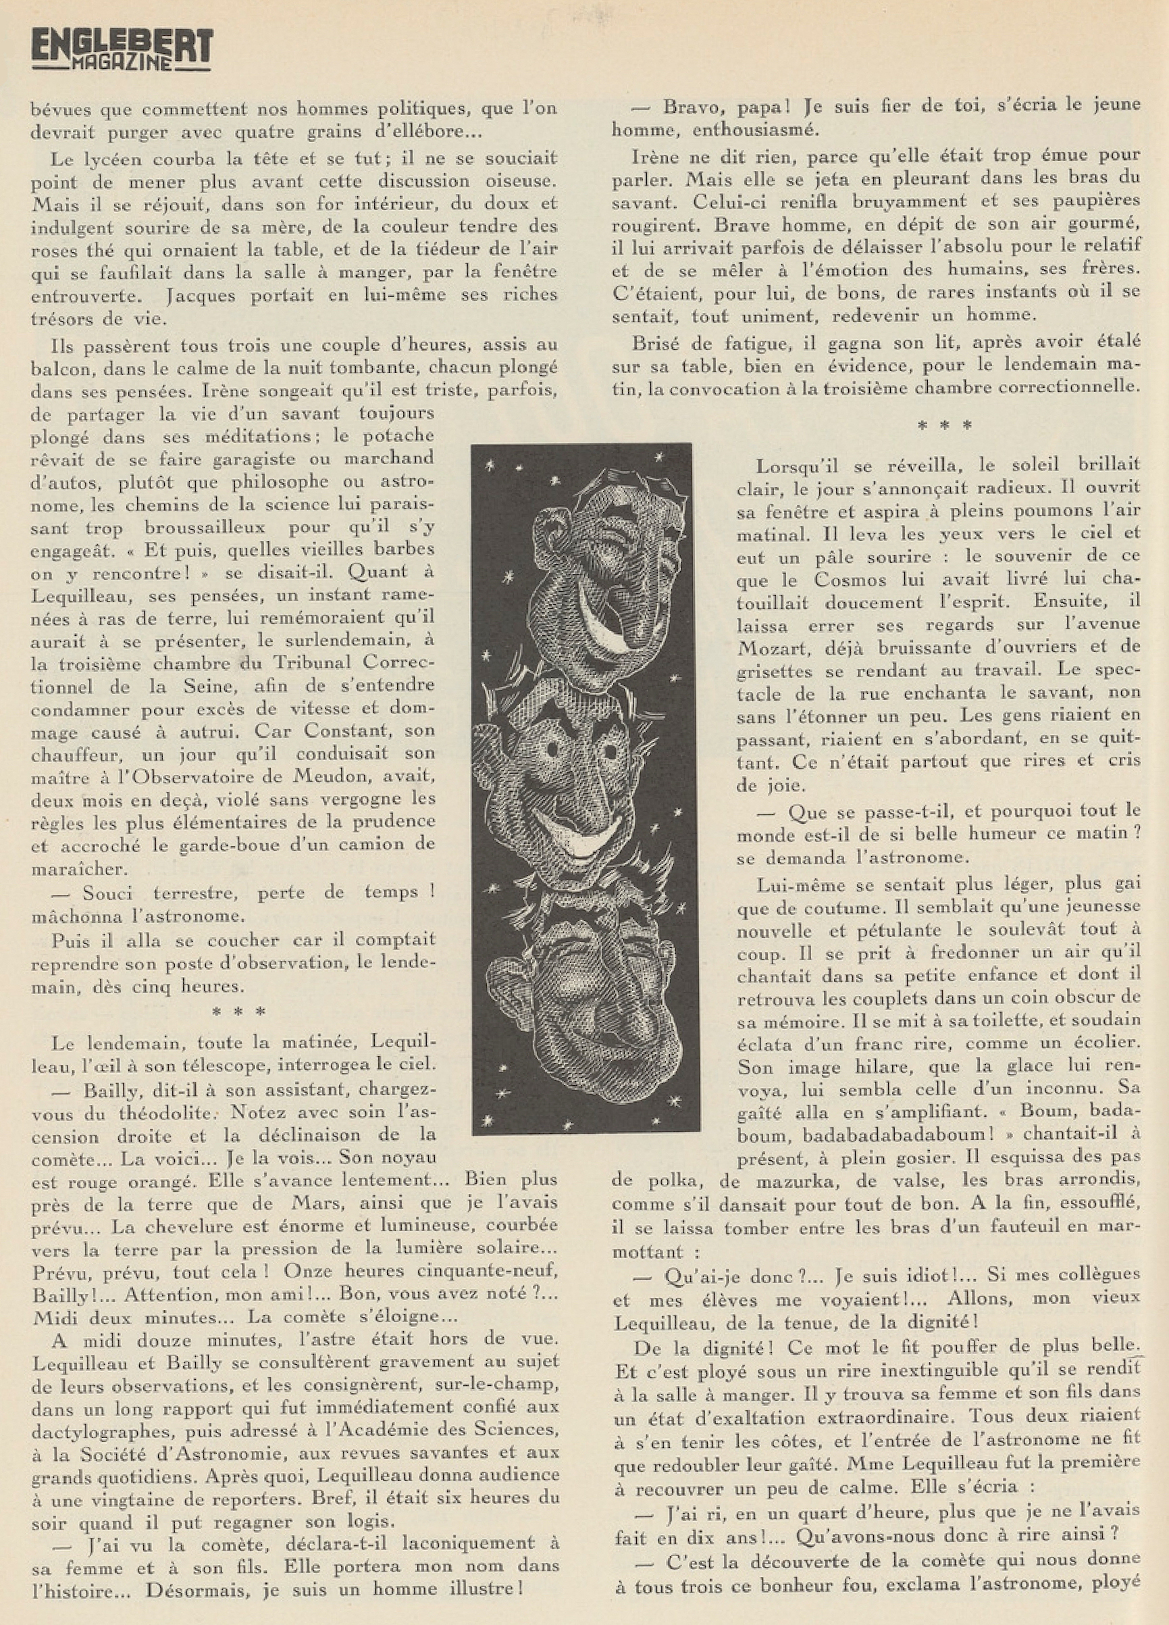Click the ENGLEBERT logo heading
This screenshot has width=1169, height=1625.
point(122,47)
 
